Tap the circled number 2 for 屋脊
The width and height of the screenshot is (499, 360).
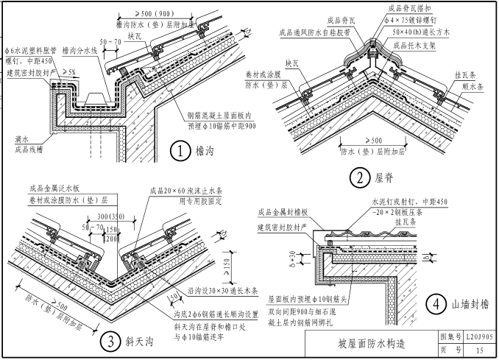(x=359, y=177)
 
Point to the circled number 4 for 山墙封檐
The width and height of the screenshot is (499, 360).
(x=438, y=303)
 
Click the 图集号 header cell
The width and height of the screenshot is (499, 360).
(x=449, y=336)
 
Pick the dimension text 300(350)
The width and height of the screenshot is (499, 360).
(x=110, y=217)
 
